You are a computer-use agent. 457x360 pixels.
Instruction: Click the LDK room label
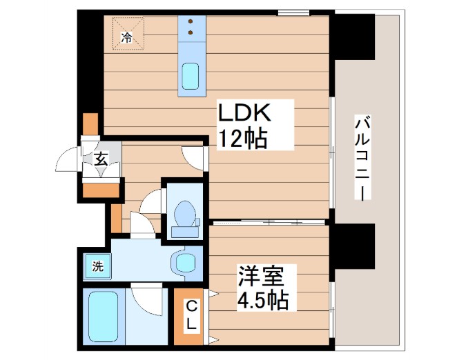coord(247,112)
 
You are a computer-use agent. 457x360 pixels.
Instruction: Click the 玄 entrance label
coord(101,160)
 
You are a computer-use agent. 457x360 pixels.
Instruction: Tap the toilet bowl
coord(184,213)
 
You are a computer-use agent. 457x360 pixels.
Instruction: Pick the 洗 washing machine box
coord(97,266)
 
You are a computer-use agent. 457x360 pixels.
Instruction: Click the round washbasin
coord(185,263)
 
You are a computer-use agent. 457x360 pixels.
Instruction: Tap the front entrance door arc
coord(69,161)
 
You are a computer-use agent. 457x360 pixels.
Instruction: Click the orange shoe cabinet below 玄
coord(100,189)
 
